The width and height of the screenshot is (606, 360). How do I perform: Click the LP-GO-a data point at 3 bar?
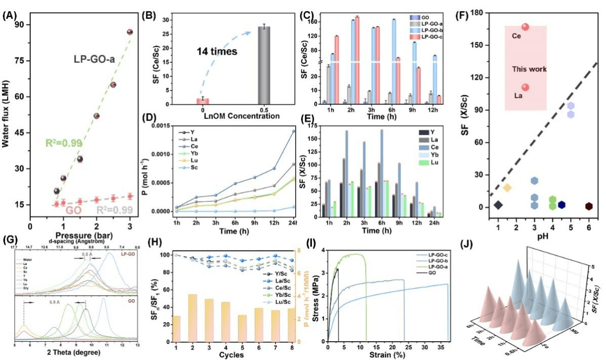[x=130, y=32]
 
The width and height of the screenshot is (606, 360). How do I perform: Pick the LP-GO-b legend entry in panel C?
[x=430, y=30]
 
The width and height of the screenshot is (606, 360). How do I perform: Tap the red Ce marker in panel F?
[x=526, y=27]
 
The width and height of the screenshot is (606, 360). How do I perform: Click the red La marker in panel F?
[x=526, y=88]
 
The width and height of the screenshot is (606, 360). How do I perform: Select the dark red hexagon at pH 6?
[x=589, y=206]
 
